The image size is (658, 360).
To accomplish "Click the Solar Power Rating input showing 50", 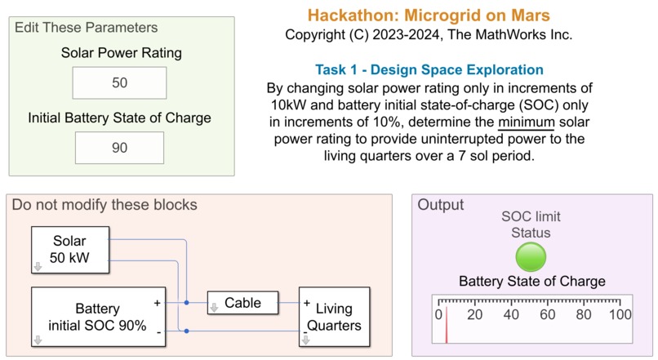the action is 119,82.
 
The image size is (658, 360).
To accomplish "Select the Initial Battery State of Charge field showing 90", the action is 119,148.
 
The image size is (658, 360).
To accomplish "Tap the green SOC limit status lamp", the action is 531,257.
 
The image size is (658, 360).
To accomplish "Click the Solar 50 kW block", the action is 70,250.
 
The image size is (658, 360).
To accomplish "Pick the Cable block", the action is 242,303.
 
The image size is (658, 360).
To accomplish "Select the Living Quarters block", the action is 334,317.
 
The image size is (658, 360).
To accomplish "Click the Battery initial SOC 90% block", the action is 98,317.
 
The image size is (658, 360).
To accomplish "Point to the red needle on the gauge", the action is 447,325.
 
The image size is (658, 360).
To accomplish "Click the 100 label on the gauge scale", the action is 620,314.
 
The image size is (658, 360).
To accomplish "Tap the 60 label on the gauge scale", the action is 547,314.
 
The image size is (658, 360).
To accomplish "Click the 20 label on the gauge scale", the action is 474,314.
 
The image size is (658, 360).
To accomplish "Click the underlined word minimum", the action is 527,122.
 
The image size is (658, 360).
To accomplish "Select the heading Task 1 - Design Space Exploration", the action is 429,69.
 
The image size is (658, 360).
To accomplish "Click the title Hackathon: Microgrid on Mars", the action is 429,16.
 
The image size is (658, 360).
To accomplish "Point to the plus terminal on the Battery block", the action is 157,303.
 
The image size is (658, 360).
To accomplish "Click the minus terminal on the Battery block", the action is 158,332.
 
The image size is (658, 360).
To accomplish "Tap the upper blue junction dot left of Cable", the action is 186,303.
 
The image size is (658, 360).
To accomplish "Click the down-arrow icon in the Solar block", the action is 38,266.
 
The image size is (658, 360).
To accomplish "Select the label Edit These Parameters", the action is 86,28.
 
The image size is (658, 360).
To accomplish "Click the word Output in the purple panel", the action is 440,205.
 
